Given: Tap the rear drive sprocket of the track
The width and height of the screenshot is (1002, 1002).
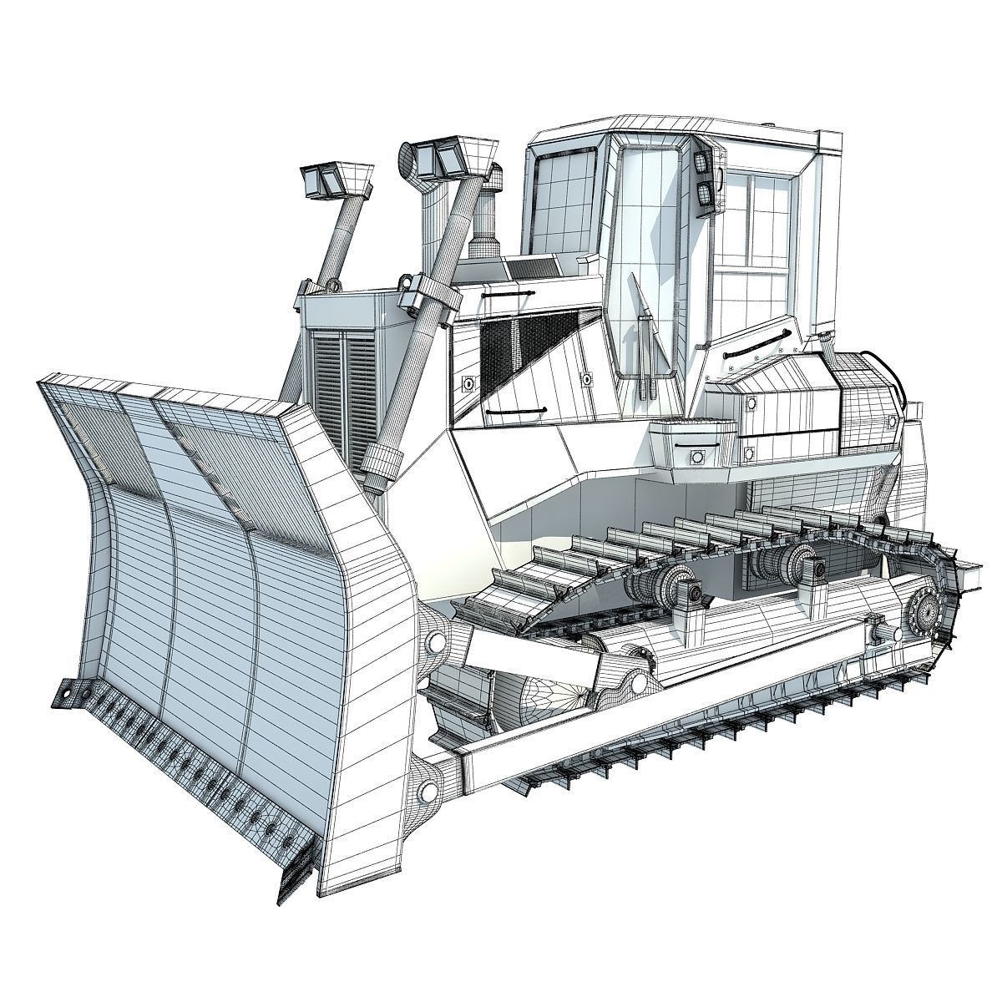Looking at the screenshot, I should (927, 618).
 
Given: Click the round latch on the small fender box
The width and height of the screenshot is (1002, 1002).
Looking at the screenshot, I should (695, 457).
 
